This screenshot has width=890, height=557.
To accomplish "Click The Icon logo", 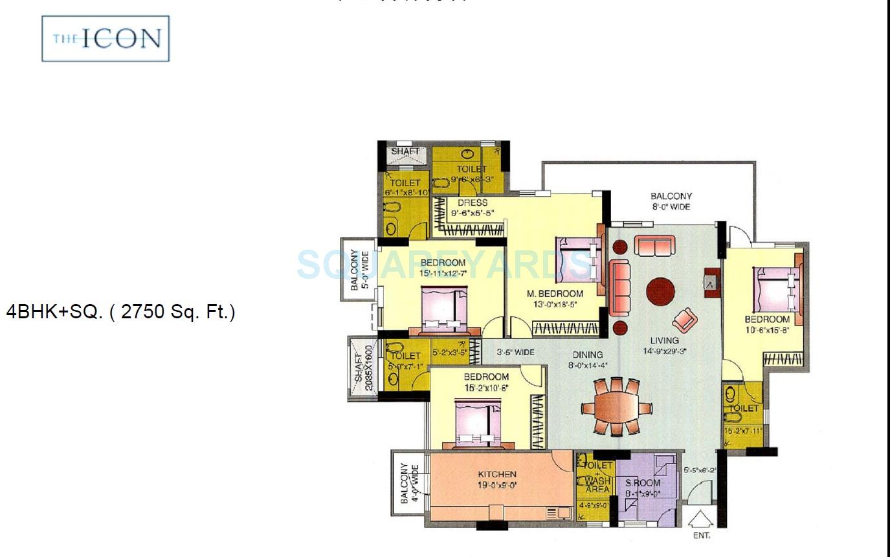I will [106, 39].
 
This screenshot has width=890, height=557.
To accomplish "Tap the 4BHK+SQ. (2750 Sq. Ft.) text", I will [120, 312].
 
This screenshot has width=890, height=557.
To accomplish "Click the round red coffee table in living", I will [660, 292].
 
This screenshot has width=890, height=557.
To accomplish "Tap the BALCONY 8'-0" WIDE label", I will [671, 201].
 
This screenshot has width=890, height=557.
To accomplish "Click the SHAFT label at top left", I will [405, 151].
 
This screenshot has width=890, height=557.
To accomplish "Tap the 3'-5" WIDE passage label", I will [515, 353].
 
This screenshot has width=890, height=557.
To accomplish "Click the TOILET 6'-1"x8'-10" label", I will [405, 188].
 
